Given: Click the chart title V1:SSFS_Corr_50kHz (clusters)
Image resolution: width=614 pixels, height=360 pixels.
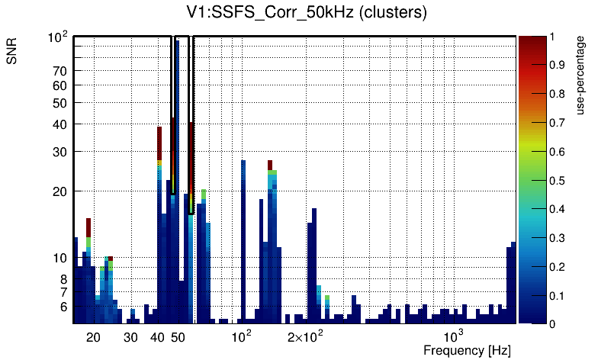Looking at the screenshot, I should [x=307, y=13].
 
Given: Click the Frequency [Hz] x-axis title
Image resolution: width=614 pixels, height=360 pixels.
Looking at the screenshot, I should [x=467, y=350].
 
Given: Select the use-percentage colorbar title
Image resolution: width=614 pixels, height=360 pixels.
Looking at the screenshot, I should [x=580, y=75].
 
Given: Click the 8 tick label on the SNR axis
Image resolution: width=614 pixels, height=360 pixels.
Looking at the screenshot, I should [x=64, y=279].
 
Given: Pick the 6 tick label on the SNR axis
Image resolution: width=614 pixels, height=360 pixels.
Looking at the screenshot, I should [x=64, y=307].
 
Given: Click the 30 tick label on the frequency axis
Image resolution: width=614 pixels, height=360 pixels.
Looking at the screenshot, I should [x=130, y=336].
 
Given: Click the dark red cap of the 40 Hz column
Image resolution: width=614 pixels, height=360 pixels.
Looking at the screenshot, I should [x=159, y=141].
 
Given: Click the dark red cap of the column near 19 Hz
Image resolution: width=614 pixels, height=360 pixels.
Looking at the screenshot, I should [x=88, y=227].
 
